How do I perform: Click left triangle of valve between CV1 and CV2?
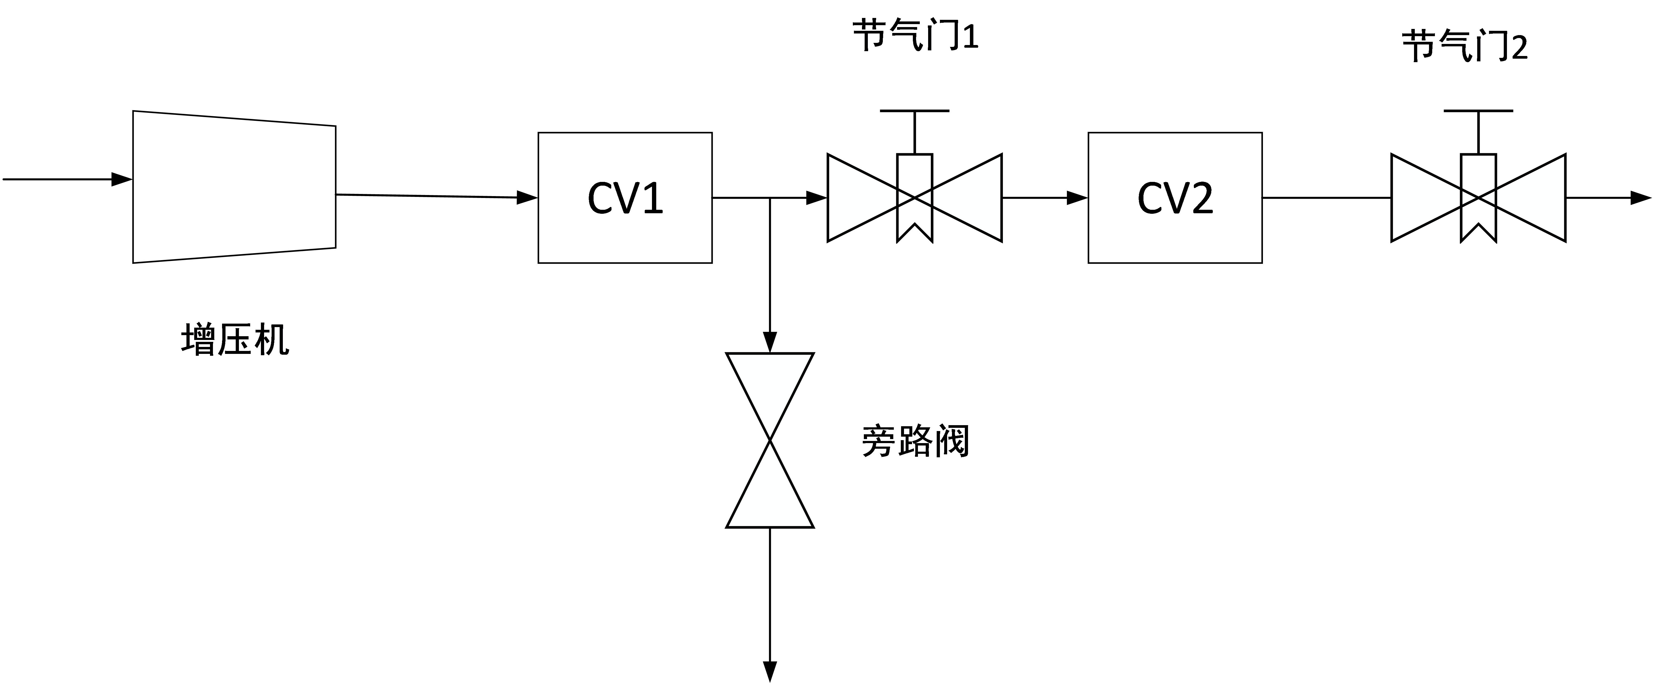point(857,198)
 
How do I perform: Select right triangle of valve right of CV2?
point(1536,198)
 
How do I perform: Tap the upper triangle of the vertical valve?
point(770,382)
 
